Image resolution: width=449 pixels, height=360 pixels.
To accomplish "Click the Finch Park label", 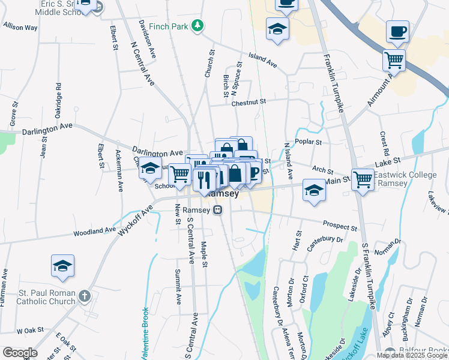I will tap(167, 26).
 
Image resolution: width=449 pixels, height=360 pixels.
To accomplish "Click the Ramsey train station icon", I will tap(218, 210).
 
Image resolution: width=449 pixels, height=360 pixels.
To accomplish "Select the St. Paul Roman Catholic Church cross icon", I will tap(85, 296).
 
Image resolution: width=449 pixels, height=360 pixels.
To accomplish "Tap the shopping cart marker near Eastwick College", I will tap(363, 178).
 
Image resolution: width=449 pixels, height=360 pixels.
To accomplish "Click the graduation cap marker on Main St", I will tap(314, 191).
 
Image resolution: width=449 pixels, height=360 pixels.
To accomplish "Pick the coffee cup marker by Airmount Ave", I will tap(397, 31).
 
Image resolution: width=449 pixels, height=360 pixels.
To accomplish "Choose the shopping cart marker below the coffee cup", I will tap(394, 59).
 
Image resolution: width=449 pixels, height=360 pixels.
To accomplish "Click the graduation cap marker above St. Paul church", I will tap(62, 266).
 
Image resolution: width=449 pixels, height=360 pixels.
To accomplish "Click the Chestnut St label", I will tap(249, 103).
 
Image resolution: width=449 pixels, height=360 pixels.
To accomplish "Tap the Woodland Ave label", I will tap(95, 231).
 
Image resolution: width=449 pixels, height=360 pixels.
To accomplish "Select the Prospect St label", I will tap(340, 226).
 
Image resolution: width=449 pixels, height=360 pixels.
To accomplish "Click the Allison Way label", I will tap(20, 28).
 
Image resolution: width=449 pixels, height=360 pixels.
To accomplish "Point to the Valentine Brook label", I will tap(145, 333).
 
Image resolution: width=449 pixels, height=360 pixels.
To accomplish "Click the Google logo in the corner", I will tap(19, 353).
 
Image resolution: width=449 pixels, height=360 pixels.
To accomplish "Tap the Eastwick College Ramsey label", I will tap(399, 179).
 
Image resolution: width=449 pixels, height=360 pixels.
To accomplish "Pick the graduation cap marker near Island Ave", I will tap(277, 30).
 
